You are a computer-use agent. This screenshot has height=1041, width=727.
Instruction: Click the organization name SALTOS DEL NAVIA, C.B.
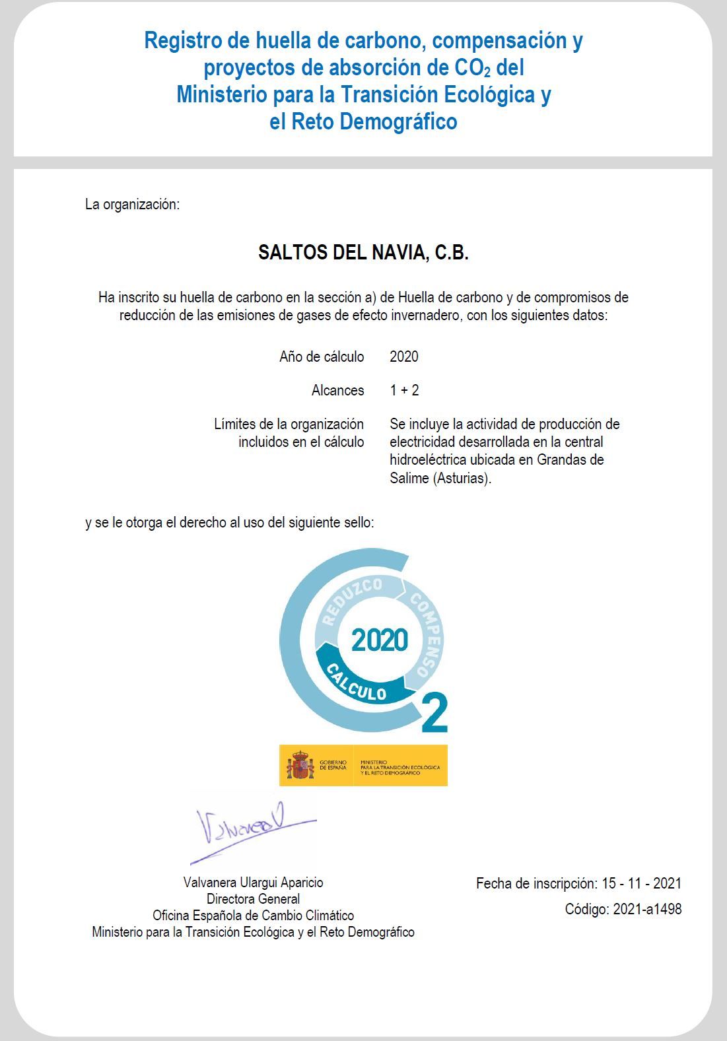point(363,253)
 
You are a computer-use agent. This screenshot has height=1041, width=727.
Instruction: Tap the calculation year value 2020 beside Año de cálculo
point(403,357)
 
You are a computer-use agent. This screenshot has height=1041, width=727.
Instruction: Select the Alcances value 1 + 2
point(404,391)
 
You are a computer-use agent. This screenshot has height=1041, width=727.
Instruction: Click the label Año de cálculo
point(322,357)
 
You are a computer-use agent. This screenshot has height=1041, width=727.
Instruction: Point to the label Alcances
point(337,391)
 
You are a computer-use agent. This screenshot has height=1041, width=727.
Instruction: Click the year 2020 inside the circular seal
point(380,640)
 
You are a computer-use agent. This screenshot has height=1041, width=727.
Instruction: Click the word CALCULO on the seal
point(357,684)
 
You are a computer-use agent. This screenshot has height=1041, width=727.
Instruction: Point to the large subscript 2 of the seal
point(434,713)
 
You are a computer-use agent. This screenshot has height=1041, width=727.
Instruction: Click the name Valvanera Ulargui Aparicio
point(253,883)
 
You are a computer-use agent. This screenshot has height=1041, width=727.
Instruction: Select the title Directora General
point(253,899)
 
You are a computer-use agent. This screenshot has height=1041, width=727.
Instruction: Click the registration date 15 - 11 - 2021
point(641,884)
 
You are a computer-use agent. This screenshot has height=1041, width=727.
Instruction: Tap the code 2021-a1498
point(647,910)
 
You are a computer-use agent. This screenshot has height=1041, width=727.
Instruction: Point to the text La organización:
point(132,205)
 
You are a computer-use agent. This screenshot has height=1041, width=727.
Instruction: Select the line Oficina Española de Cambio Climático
point(253,916)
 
